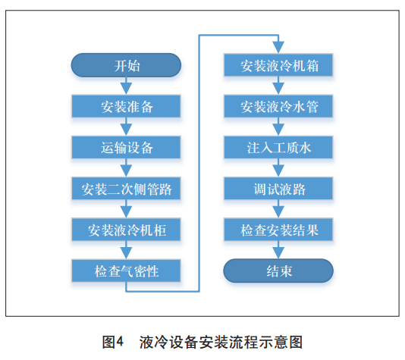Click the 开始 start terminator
126,65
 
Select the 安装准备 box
126,106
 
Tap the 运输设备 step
126,147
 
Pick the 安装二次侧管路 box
126,189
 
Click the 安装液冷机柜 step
126,230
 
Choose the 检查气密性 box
126,271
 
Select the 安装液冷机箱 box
278,65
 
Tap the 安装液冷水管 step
278,106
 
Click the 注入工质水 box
278,147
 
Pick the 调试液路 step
278,189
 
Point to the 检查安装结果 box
278,230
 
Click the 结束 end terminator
278,271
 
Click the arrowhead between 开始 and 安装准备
127,89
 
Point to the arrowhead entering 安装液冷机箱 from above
278,48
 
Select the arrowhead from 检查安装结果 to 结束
278,253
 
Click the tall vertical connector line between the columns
199,163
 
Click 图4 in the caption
112,343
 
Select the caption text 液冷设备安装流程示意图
221,343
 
